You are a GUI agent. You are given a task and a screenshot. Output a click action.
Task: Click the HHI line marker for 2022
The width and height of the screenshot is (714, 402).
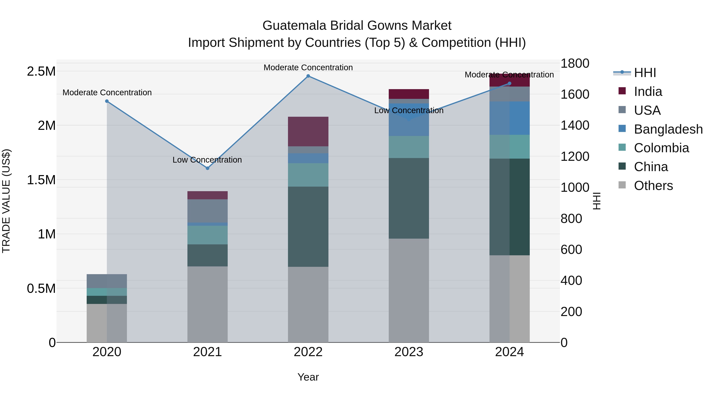(x=308, y=76)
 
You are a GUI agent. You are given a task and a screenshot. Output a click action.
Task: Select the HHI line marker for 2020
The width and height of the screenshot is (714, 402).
(x=107, y=101)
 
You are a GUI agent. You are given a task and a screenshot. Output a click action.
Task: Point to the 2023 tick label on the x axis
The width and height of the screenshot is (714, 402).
(x=409, y=352)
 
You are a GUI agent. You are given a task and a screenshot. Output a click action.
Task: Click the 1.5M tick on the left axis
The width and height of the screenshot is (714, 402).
(x=41, y=180)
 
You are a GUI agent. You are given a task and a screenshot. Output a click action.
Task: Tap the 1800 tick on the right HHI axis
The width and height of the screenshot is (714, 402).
(x=575, y=64)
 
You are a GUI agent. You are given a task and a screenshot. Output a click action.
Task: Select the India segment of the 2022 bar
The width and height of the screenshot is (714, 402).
(x=308, y=131)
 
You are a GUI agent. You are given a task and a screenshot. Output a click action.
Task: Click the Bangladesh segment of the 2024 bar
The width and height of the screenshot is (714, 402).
(x=510, y=118)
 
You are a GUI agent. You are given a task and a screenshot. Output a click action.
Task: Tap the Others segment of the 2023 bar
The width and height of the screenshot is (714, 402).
(x=409, y=290)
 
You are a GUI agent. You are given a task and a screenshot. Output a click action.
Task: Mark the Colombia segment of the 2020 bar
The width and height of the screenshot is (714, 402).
(x=107, y=292)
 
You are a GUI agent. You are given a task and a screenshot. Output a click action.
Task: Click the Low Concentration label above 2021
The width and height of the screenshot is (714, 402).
(x=207, y=160)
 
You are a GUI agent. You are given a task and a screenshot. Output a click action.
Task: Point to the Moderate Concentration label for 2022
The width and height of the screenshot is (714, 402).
(x=308, y=67)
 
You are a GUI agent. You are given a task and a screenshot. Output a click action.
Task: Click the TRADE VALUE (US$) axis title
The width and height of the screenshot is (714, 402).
(x=6, y=201)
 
